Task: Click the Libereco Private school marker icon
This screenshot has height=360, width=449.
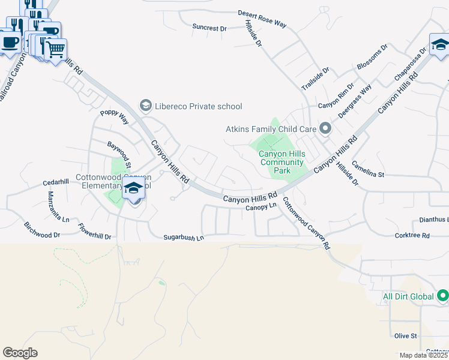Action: point(145,106)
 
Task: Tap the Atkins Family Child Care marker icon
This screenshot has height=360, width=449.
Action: point(325,128)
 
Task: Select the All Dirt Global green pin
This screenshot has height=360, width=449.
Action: point(443,296)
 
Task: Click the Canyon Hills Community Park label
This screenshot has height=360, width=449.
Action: point(282,162)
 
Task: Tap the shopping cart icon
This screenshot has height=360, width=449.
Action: point(55,49)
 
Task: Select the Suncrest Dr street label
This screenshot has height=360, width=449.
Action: point(209,28)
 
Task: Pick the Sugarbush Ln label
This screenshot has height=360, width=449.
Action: point(184,238)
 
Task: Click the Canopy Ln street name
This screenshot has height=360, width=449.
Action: point(261,207)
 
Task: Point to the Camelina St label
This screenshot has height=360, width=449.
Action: point(367,169)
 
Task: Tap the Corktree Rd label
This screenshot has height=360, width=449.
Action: point(412,236)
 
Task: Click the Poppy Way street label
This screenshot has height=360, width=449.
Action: point(115,116)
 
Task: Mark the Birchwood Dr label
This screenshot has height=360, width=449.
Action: point(42,231)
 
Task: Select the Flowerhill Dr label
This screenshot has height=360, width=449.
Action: point(95,232)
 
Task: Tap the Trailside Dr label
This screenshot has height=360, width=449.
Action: point(316,79)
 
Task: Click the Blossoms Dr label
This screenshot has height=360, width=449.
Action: point(373,56)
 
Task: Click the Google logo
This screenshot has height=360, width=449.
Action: point(20,353)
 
